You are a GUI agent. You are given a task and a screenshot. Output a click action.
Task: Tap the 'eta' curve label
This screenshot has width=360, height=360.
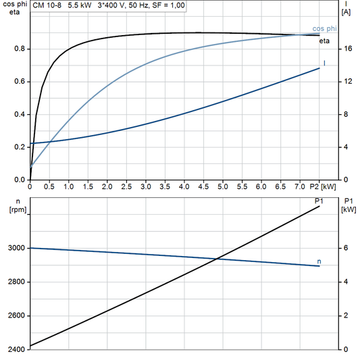click(324, 42)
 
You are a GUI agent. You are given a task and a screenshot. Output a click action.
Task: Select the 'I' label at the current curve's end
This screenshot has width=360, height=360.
click(326, 63)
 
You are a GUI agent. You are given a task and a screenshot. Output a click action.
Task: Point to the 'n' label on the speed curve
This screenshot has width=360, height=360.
click(319, 260)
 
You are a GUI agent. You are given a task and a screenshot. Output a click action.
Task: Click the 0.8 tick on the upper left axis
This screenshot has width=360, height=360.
click(20, 49)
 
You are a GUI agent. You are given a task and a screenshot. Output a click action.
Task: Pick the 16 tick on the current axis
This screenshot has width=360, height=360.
click(346, 49)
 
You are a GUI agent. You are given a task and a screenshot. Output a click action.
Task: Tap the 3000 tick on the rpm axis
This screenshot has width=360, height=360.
click(16, 249)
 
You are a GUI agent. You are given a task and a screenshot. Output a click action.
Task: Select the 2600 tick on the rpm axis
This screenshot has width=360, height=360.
click(16, 316)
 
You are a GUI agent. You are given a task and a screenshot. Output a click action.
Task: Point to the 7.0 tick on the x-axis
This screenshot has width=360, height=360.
click(301, 186)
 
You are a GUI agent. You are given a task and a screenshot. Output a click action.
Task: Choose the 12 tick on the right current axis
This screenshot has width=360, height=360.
click(346, 82)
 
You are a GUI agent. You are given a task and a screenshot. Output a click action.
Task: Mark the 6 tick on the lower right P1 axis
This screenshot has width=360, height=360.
click(345, 249)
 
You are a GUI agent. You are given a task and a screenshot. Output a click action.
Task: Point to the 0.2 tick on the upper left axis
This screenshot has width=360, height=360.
click(20, 147)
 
